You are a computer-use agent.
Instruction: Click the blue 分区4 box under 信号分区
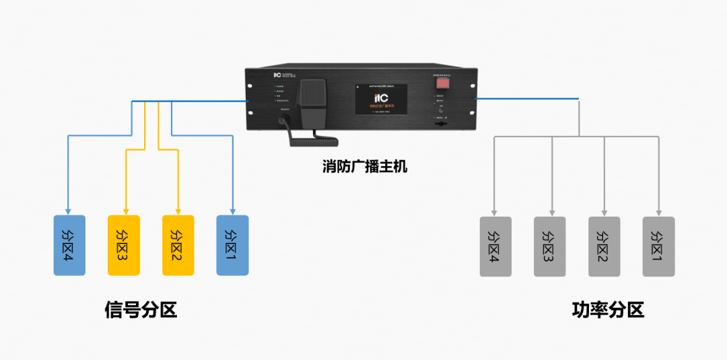point(69,245)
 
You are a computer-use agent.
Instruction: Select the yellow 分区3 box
point(124,245)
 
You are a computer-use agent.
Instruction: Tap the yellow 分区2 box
point(178,245)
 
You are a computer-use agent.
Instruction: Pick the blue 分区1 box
point(232,245)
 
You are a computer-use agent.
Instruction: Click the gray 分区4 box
point(495,246)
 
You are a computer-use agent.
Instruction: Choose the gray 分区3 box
point(550,246)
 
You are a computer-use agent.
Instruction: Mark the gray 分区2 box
point(604,246)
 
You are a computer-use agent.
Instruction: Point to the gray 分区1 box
point(658,246)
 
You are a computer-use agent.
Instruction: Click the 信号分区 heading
point(141,310)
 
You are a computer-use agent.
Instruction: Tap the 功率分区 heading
point(608,310)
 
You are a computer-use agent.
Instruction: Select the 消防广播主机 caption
point(364,166)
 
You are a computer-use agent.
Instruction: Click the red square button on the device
point(442,83)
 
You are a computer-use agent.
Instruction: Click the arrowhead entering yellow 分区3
point(125,211)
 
